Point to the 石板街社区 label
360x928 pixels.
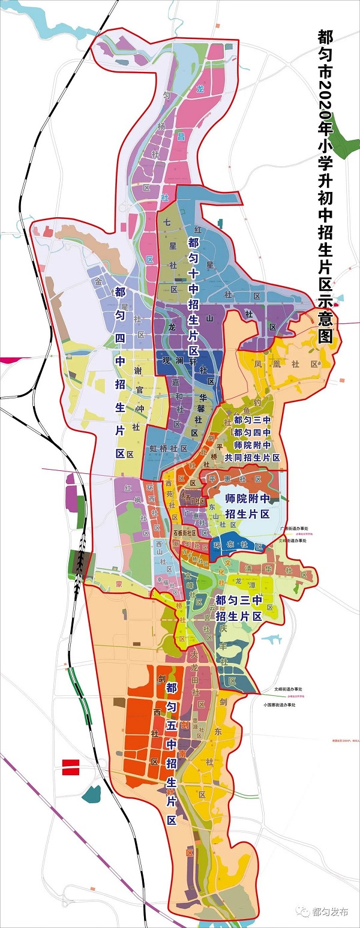[185, 532]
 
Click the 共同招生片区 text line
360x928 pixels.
[253, 458]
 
